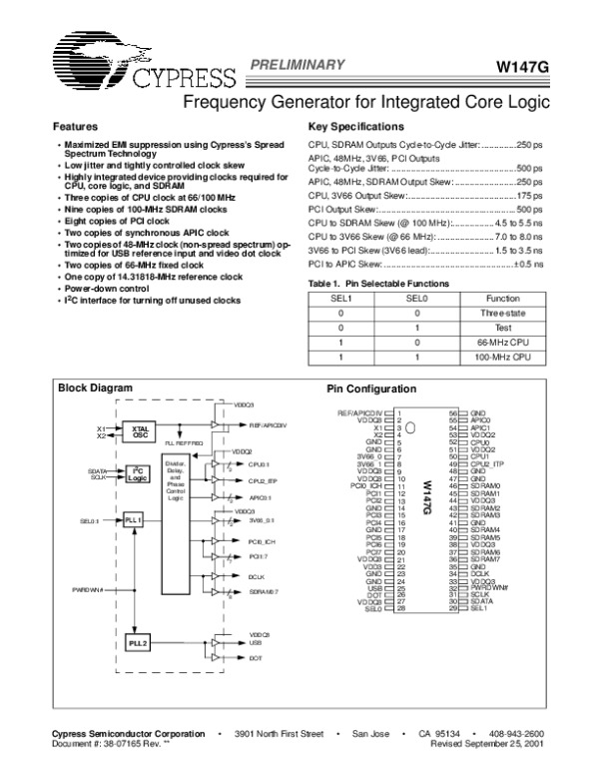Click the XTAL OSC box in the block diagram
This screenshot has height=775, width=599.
[140, 431]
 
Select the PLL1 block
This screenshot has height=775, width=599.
[136, 520]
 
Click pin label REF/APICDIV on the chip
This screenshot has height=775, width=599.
[361, 411]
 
